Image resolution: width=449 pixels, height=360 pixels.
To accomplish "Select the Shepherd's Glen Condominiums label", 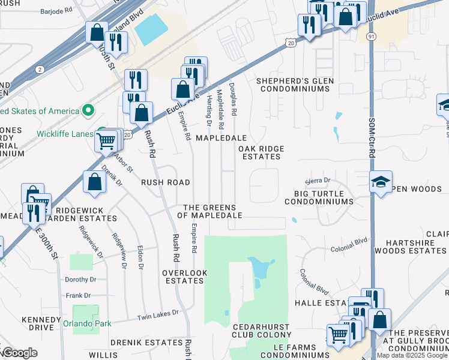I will coord(294,85).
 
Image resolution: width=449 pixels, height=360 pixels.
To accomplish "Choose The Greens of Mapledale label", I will coord(212,211).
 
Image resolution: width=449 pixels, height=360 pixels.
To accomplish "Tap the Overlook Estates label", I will coord(185,276).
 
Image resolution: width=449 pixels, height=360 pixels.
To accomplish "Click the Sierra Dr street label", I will coord(318,181).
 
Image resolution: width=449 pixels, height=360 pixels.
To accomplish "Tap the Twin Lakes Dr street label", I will coord(158,313).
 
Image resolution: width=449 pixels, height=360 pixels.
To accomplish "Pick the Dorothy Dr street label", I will coord(81,280).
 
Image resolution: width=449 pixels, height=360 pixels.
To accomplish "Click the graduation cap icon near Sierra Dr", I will coord(381,180).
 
